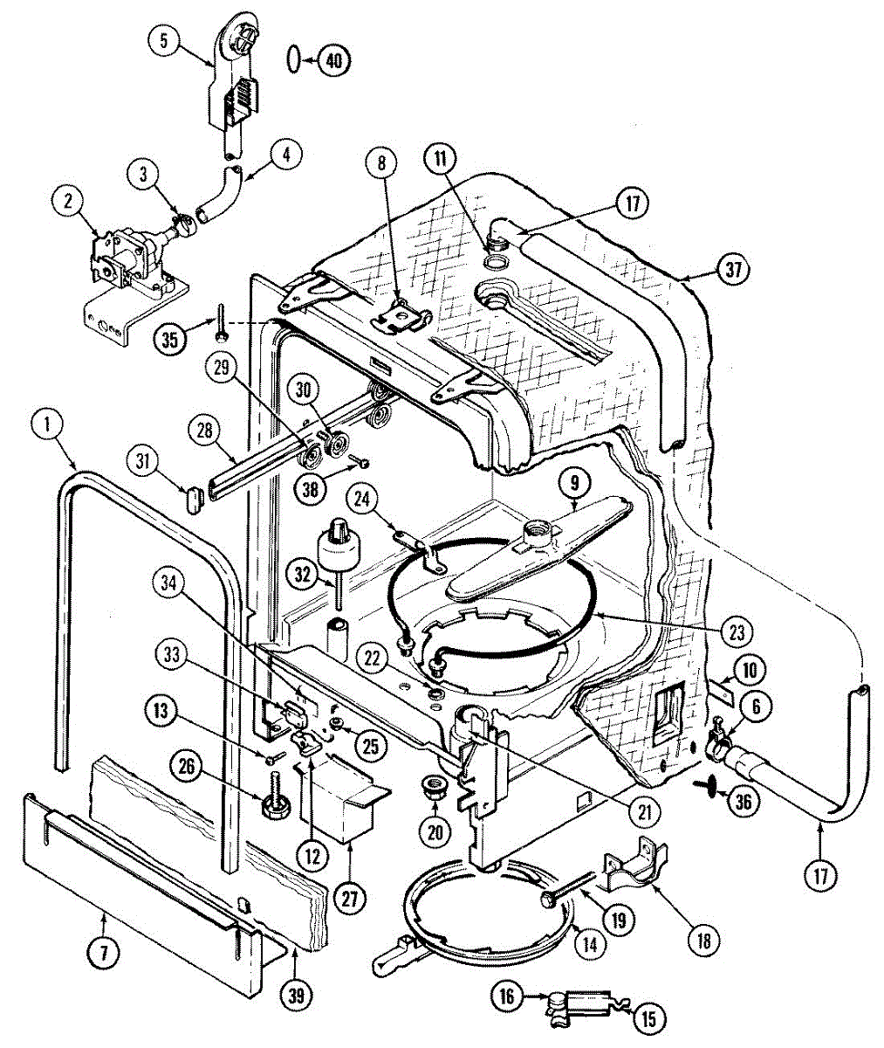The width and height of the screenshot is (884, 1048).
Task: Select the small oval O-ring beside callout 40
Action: [295, 59]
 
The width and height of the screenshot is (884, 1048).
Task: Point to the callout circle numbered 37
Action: [733, 270]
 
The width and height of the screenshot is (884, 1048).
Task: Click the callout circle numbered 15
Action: [651, 1017]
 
